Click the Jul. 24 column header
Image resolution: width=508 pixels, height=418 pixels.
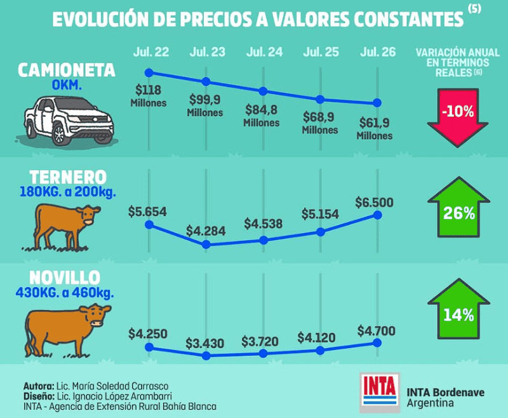[264, 52]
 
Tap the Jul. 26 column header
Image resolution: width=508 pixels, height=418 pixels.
[378, 52]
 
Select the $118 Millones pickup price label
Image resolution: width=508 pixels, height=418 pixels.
[149, 96]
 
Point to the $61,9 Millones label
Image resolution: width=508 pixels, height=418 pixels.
[375, 129]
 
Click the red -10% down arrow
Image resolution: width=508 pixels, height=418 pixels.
[457, 117]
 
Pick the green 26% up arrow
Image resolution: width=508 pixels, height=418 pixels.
[458, 206]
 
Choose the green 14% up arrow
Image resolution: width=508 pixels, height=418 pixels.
[458, 309]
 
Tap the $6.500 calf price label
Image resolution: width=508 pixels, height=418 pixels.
[374, 203]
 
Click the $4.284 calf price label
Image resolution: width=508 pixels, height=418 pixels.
[206, 231]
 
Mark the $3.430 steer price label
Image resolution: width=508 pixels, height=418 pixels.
[204, 344]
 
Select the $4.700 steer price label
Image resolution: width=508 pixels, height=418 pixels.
[377, 331]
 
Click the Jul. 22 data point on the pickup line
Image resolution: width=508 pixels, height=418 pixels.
[149, 72]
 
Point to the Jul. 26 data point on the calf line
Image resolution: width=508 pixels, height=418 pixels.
[377, 215]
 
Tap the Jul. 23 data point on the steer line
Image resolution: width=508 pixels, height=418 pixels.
[206, 356]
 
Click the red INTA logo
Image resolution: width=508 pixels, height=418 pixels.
[379, 393]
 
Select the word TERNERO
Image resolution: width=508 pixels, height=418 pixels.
[68, 178]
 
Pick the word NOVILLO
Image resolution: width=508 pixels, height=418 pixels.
[65, 278]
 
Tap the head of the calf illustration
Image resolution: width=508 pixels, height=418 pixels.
[88, 215]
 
